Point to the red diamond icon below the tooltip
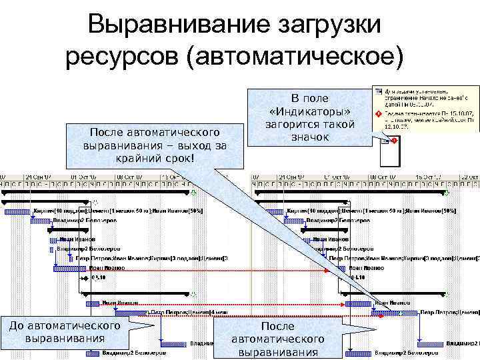pyautogui.click(x=394, y=141)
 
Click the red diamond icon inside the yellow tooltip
pyautogui.click(x=378, y=114)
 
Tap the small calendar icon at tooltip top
pyautogui.click(x=377, y=90)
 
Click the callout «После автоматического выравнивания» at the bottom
pyautogui.click(x=277, y=339)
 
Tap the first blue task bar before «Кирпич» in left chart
pyautogui.click(x=17, y=211)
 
